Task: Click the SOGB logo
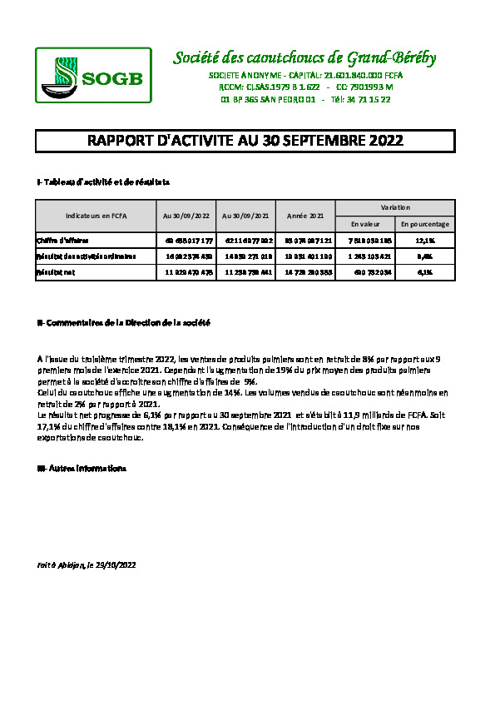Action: click(93, 74)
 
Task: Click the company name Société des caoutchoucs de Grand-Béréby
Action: click(304, 57)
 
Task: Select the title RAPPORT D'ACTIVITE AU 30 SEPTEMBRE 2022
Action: click(245, 141)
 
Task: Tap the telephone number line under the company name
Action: click(305, 99)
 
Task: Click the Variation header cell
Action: click(394, 206)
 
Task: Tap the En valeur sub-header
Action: click(364, 224)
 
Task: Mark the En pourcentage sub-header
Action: click(424, 224)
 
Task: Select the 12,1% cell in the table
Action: click(424, 241)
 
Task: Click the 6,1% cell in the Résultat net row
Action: click(424, 271)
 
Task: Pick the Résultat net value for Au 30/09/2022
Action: click(186, 271)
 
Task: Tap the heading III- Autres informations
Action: click(81, 469)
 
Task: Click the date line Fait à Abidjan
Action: click(86, 564)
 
